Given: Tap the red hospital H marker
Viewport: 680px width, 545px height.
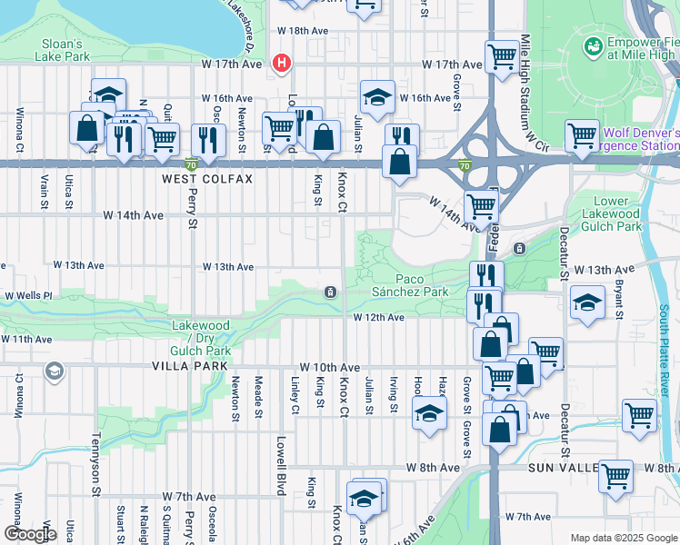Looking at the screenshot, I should pyautogui.click(x=282, y=63).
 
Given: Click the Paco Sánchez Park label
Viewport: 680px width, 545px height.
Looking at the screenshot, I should pyautogui.click(x=409, y=285).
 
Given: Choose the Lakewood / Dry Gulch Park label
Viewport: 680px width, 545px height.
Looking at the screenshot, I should pyautogui.click(x=201, y=338).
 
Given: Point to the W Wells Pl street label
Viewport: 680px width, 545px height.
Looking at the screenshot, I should pyautogui.click(x=29, y=296).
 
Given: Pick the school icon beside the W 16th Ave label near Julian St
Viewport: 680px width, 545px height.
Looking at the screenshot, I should pyautogui.click(x=377, y=95).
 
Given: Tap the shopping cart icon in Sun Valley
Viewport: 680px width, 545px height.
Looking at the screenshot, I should pyautogui.click(x=616, y=473).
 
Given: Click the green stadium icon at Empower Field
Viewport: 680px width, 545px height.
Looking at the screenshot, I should pyautogui.click(x=594, y=45).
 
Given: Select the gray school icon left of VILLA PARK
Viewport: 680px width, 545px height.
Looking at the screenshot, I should pyautogui.click(x=55, y=371).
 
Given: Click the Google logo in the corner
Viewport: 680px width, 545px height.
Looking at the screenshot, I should pyautogui.click(x=30, y=534).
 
